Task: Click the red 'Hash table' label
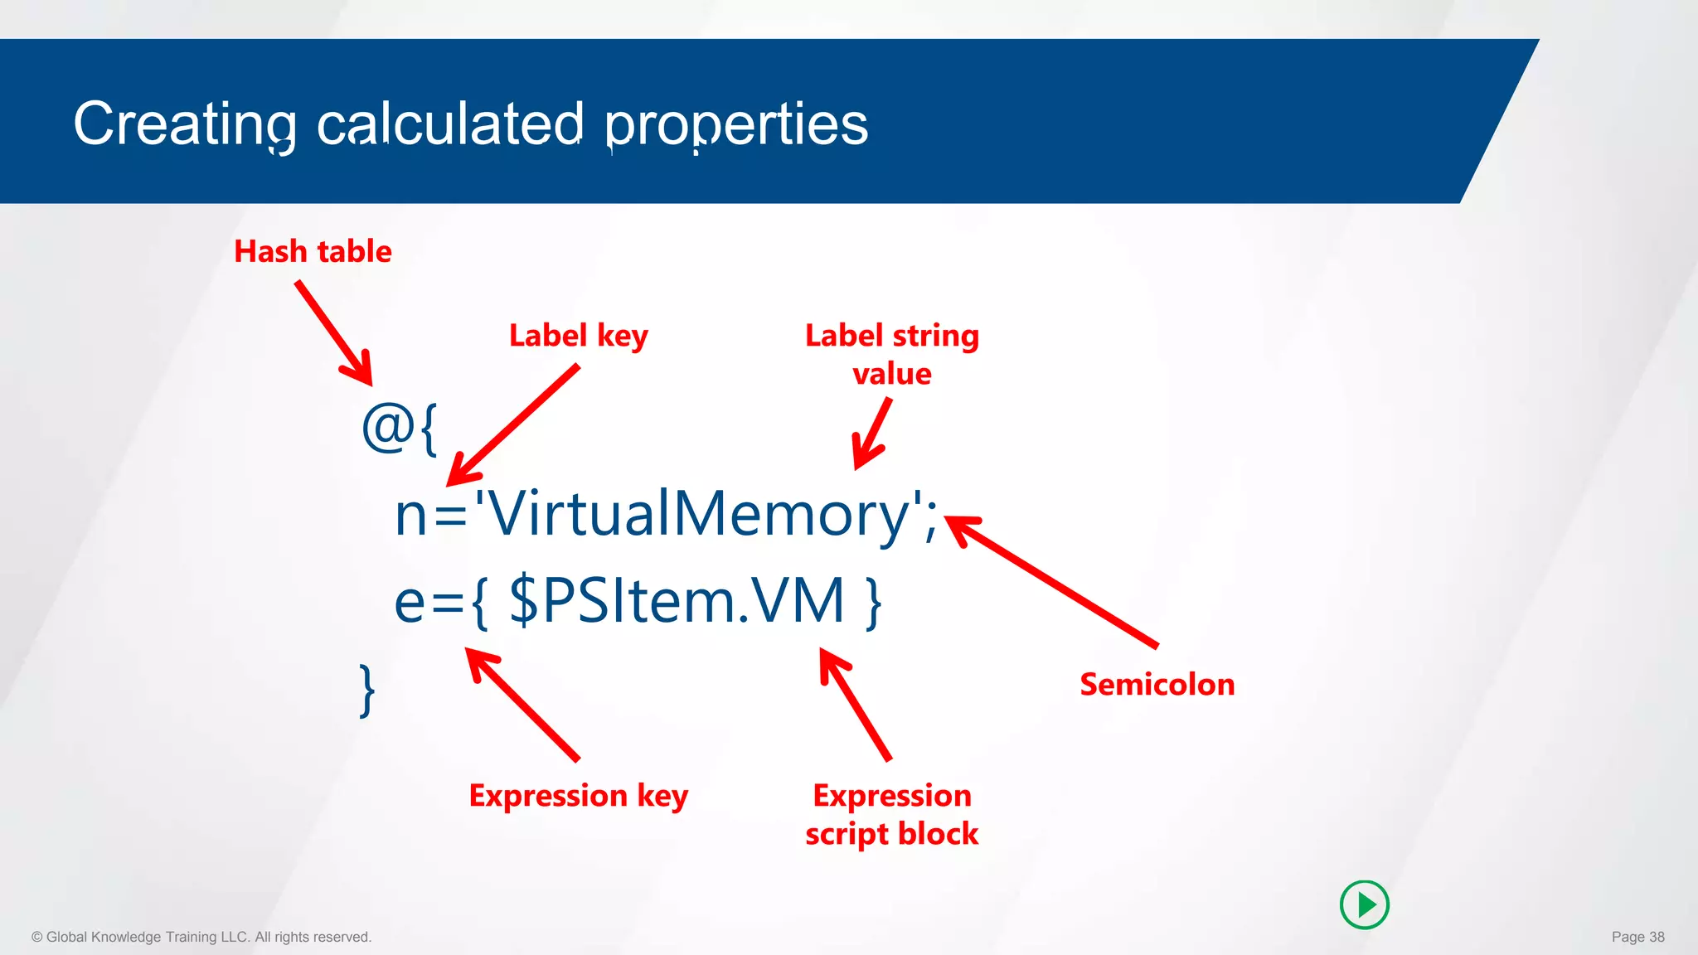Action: pyautogui.click(x=313, y=251)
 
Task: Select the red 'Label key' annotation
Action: pyautogui.click(x=578, y=336)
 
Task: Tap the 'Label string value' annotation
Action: pyautogui.click(x=892, y=355)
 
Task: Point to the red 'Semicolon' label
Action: pyautogui.click(x=1157, y=685)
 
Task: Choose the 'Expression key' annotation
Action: pyautogui.click(x=578, y=796)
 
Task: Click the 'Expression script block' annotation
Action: pyautogui.click(x=892, y=815)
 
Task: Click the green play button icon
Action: pyautogui.click(x=1364, y=904)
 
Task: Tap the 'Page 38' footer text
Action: pyautogui.click(x=1637, y=937)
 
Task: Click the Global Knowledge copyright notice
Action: pyautogui.click(x=201, y=937)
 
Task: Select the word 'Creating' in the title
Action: pyautogui.click(x=185, y=124)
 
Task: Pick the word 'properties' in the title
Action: pyautogui.click(x=736, y=124)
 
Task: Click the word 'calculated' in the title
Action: pyautogui.click(x=450, y=124)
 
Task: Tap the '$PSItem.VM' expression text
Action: pyautogui.click(x=677, y=601)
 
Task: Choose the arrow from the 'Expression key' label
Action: pyautogui.click(x=522, y=704)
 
